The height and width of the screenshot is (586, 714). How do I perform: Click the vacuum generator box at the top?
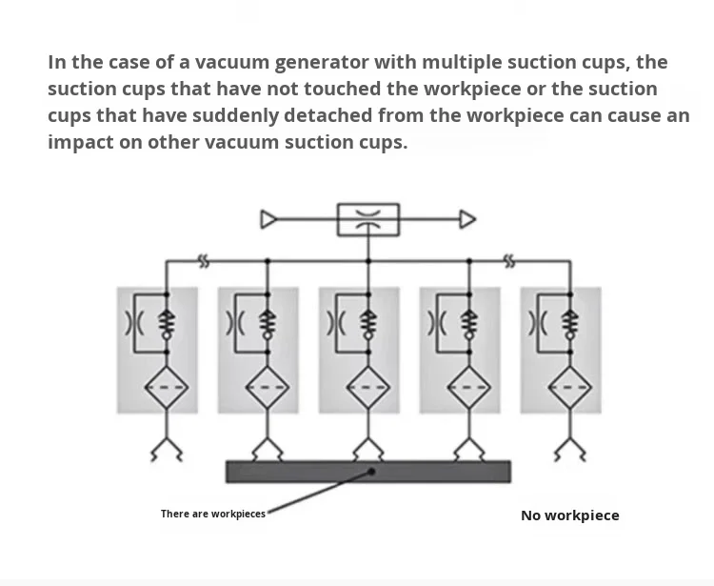click(368, 220)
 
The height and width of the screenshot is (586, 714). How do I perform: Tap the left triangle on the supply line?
click(268, 219)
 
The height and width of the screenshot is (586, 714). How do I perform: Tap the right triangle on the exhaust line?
click(467, 219)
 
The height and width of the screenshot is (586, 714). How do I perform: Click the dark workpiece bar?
click(368, 472)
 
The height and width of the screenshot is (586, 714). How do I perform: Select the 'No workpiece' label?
click(570, 515)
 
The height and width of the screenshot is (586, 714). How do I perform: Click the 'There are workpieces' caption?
click(213, 514)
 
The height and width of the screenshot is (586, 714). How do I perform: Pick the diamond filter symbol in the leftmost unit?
click(167, 387)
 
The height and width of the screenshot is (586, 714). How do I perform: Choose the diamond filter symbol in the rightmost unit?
click(570, 387)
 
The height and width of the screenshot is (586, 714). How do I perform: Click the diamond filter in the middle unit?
click(368, 387)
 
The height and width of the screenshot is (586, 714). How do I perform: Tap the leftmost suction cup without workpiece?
click(167, 449)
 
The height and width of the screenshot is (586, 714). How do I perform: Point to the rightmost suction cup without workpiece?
click(570, 449)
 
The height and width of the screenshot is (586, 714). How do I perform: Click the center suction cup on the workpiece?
click(368, 450)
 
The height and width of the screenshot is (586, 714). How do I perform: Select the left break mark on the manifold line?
click(204, 262)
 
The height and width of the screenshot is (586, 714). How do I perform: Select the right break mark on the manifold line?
click(509, 262)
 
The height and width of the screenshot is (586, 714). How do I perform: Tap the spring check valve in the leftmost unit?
click(167, 324)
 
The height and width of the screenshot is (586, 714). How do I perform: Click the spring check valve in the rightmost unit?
click(570, 324)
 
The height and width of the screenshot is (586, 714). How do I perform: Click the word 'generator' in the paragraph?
click(321, 63)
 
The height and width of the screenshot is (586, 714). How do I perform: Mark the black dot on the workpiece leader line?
click(371, 472)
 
